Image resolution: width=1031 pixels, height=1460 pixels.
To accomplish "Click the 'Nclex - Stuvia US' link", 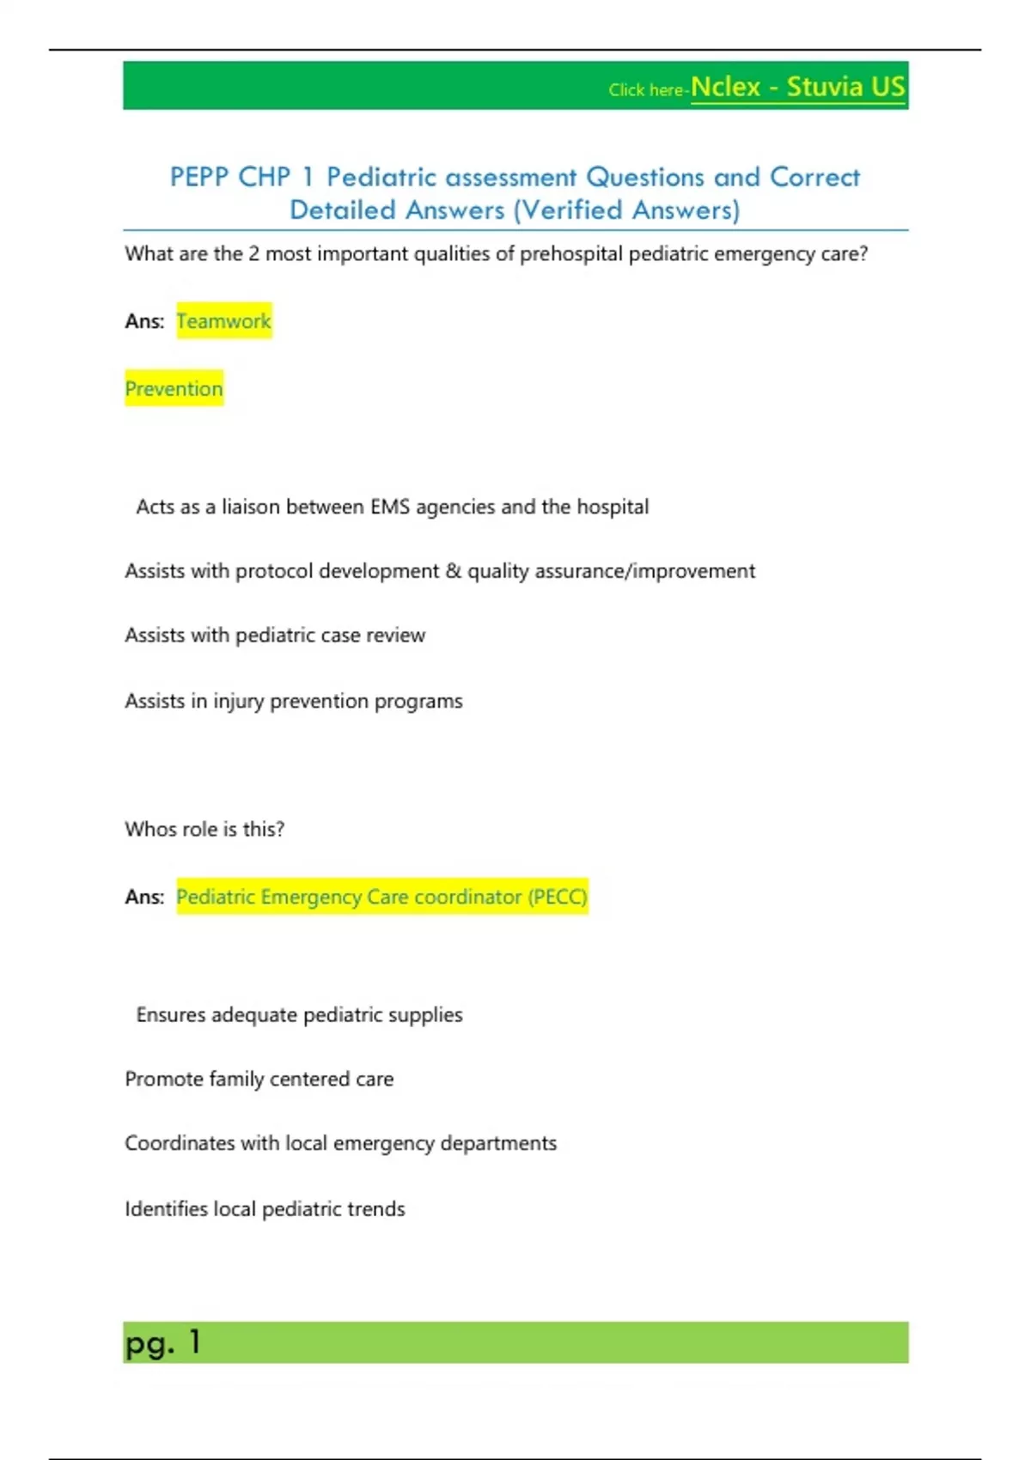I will click(797, 88).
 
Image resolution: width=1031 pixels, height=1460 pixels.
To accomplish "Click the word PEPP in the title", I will click(198, 177).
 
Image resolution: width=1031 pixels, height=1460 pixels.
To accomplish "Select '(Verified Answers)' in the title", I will click(626, 210).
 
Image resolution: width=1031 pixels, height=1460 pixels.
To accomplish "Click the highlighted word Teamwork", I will click(223, 321).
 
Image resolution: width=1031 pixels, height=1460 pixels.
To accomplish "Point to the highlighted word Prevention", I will click(174, 389).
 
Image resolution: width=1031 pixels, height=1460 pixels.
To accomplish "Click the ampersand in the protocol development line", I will click(454, 571).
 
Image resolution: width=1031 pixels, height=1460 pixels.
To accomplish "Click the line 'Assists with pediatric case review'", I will click(275, 636).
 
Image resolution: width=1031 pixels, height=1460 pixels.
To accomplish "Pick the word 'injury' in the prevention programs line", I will click(239, 702).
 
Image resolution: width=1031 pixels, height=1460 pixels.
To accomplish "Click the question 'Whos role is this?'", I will click(204, 830).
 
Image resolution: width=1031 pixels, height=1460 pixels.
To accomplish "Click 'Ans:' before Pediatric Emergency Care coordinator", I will click(144, 897).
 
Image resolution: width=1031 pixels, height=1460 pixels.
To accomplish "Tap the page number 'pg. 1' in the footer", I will click(162, 1342).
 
